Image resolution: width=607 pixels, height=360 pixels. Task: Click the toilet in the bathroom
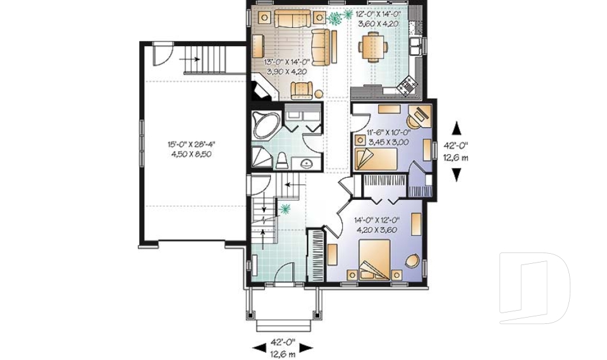(281, 159)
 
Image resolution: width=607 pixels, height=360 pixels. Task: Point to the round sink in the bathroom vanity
(306, 163)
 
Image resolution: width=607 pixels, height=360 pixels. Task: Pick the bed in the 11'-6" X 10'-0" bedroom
(376, 159)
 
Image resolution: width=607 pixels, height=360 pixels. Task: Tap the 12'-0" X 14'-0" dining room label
(378, 17)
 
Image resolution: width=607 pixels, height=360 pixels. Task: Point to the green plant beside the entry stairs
(286, 208)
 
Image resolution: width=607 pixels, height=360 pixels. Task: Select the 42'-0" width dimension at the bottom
(282, 346)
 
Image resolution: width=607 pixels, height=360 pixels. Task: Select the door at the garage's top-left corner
(162, 53)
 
